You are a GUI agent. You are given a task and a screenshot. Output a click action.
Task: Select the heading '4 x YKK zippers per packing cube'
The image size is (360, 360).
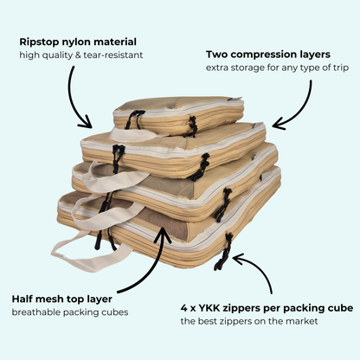[x=265, y=306]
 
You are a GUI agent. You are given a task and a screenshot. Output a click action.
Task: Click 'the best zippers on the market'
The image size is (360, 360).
[x=247, y=321]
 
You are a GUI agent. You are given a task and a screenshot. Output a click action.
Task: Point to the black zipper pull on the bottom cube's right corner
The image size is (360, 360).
[x=226, y=250]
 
